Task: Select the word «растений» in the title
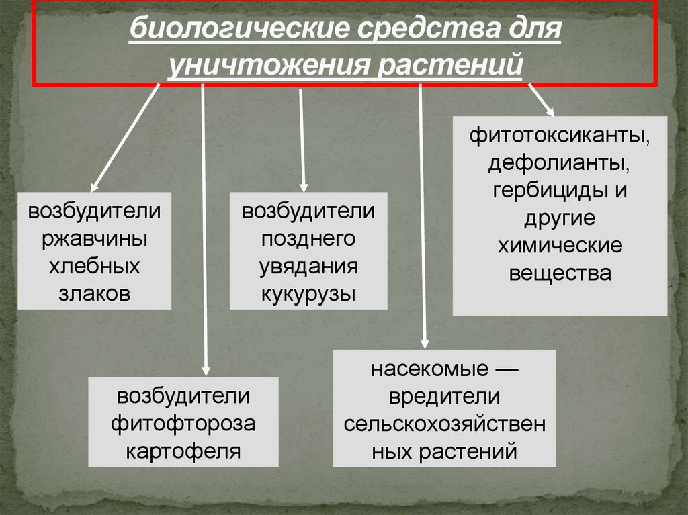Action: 454,65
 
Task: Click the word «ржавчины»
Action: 95,239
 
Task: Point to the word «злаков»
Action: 94,293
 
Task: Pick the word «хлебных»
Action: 94,267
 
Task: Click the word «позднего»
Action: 308,239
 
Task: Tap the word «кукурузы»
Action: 308,293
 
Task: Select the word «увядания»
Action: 308,267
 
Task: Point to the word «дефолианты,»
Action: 560,163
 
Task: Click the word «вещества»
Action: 560,273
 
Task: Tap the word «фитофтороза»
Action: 183,423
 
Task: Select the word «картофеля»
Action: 183,450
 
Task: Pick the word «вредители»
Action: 444,396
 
